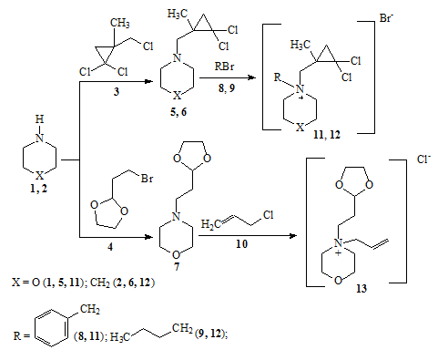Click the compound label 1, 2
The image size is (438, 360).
[38, 189]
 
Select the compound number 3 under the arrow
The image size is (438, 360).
[117, 91]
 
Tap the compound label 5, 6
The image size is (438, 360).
[178, 112]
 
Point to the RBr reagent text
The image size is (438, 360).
[225, 66]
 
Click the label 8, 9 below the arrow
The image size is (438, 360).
[227, 88]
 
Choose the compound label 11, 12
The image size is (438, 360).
[327, 134]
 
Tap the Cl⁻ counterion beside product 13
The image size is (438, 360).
[424, 159]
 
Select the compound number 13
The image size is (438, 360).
[362, 288]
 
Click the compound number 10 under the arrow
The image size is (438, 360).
[241, 244]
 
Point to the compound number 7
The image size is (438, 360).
[177, 267]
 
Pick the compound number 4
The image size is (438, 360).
[110, 247]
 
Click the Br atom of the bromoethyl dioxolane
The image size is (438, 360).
[147, 179]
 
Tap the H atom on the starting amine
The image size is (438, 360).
[39, 119]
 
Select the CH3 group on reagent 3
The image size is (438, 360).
[120, 23]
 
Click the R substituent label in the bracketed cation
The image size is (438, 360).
[278, 77]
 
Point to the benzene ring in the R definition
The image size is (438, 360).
[51, 328]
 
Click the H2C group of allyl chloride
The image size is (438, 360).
[211, 224]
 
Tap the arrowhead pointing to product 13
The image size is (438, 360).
[293, 236]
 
